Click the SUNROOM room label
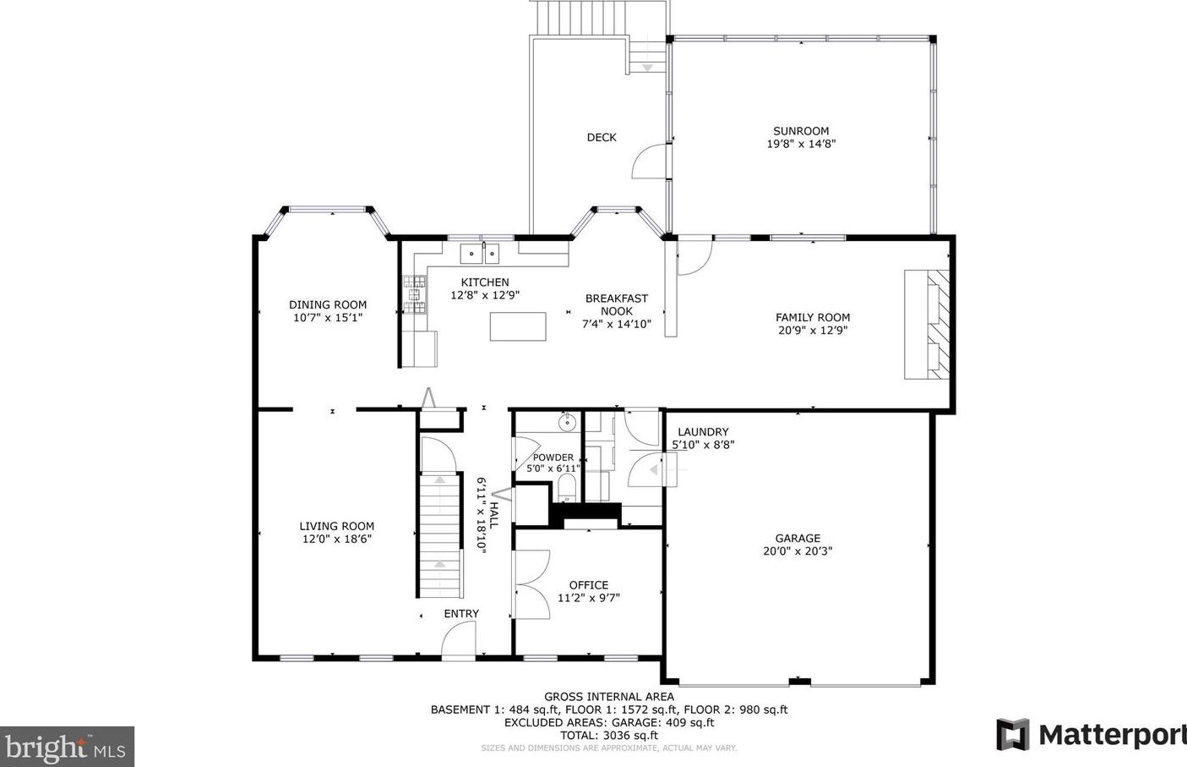tap(801, 131)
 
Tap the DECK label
tap(602, 137)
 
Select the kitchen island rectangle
tap(518, 326)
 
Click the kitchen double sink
tap(480, 254)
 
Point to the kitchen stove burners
tap(414, 294)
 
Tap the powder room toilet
tap(567, 487)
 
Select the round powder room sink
tap(567, 422)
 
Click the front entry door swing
tap(459, 638)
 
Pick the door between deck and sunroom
tap(651, 161)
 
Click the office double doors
tap(531, 584)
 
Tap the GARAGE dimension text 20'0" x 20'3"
tap(798, 551)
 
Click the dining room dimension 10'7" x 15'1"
tap(328, 318)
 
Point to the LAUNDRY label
tap(703, 432)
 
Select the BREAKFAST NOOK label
tap(616, 305)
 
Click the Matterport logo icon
tap(1013, 735)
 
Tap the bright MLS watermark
tap(67, 747)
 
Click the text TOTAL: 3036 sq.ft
tap(609, 735)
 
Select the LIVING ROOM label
tap(336, 526)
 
